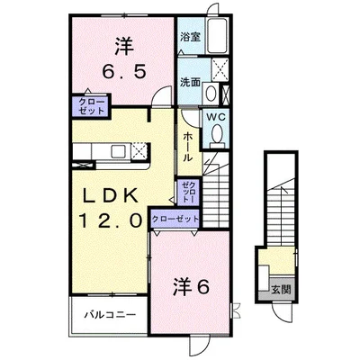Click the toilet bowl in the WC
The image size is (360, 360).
point(217,134)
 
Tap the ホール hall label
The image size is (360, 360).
point(186,146)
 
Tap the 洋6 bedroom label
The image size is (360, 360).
point(192,287)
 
